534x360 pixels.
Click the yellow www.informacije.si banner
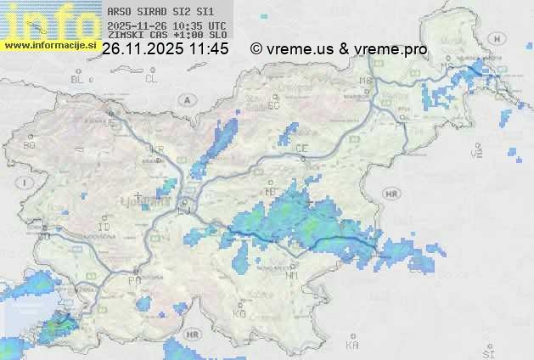pyautogui.click(x=48, y=44)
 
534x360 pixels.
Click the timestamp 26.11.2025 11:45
pyautogui.click(x=165, y=49)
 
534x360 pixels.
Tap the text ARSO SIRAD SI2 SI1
pyautogui.click(x=149, y=13)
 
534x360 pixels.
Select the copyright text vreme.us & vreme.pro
pyautogui.click(x=340, y=49)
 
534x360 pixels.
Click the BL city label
pyautogui.click(x=79, y=79)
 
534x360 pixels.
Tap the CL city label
pyautogui.click(x=151, y=79)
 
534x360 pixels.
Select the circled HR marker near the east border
pyautogui.click(x=391, y=194)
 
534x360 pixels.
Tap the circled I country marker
pyautogui.click(x=26, y=183)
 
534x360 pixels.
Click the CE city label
pyautogui.click(x=301, y=149)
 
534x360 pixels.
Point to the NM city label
pyautogui.click(x=292, y=275)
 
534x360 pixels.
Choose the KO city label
pyautogui.click(x=239, y=313)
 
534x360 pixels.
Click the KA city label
pyautogui.click(x=352, y=346)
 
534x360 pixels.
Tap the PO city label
pyautogui.click(x=133, y=280)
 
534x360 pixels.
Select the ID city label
pyautogui.click(x=104, y=228)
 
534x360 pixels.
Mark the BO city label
pyautogui.click(x=30, y=145)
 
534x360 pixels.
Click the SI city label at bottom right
pyautogui.click(x=487, y=352)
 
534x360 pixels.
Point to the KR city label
pyautogui.click(x=156, y=149)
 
